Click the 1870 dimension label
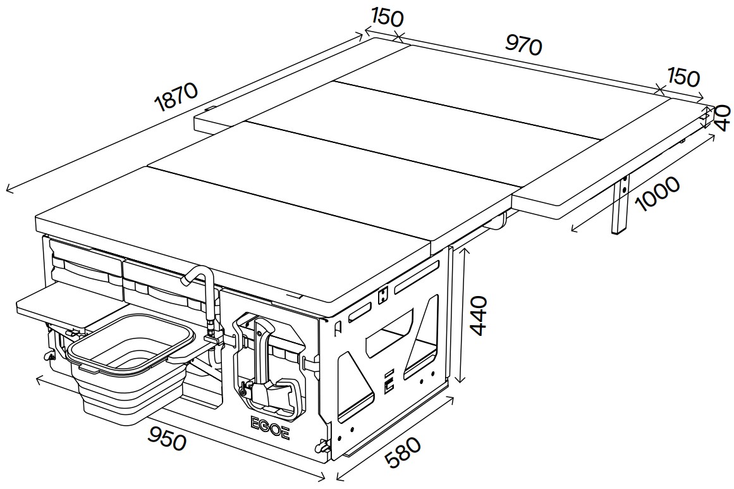pyautogui.click(x=177, y=97)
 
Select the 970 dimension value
pyautogui.click(x=524, y=46)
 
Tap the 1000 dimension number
pyautogui.click(x=658, y=194)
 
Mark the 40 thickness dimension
pyautogui.click(x=723, y=118)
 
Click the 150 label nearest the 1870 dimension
pyautogui.click(x=387, y=18)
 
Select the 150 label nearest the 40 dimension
pyautogui.click(x=683, y=77)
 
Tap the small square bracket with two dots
pyautogui.click(x=383, y=295)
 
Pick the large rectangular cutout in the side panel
pyautogui.click(x=389, y=331)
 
